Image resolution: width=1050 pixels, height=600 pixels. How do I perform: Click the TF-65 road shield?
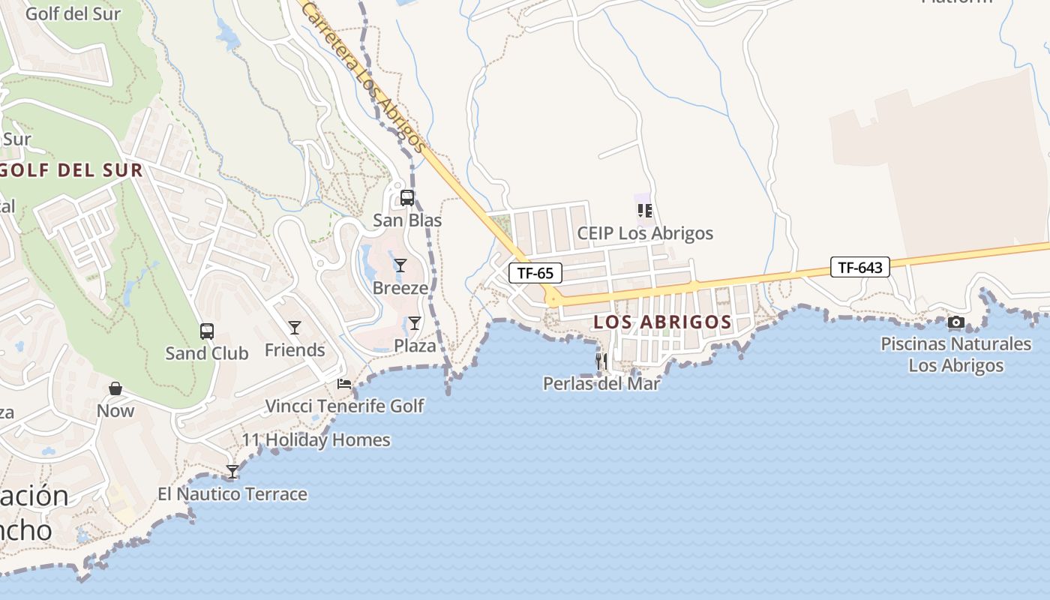[535, 273]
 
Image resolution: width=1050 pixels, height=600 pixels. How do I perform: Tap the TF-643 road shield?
[859, 267]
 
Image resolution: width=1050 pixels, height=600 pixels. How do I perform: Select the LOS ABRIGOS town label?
[662, 322]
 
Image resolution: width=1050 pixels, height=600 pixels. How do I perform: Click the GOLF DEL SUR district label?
[71, 170]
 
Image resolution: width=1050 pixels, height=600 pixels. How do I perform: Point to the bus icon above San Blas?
[407, 198]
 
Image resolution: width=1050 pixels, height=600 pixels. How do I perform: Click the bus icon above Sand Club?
[206, 331]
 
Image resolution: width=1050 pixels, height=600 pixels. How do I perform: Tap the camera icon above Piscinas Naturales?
[955, 322]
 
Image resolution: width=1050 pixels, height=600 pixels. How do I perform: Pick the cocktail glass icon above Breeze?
[400, 265]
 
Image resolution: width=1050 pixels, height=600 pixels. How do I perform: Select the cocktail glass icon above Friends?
[295, 327]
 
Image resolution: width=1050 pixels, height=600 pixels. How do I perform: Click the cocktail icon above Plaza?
[415, 323]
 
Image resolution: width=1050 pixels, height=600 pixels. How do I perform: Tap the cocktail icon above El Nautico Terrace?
[232, 472]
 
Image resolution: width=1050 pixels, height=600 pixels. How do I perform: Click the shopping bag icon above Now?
[115, 388]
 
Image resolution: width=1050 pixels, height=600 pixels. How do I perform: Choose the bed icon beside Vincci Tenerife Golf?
[344, 384]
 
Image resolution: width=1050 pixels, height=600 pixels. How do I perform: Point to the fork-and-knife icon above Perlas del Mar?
[601, 361]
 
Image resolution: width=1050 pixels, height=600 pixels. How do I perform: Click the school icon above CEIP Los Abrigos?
[645, 211]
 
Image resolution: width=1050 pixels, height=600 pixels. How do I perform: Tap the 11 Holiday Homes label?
[316, 440]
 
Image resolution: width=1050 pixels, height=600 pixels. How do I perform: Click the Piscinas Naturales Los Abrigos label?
[956, 355]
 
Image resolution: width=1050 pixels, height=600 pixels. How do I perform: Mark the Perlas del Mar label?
[601, 384]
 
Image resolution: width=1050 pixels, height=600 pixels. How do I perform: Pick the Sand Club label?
[207, 353]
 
